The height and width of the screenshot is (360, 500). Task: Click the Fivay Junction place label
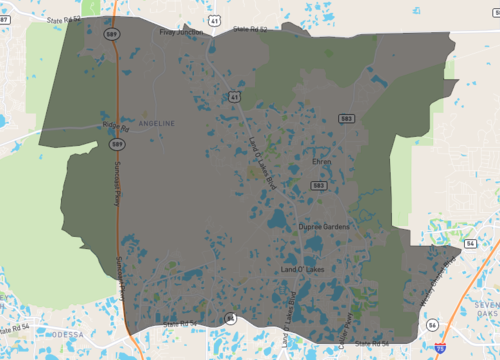(x=181, y=32)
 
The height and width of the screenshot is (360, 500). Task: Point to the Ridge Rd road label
(x=116, y=127)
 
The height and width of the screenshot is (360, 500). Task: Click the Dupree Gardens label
(x=324, y=227)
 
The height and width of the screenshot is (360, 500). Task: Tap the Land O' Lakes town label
(x=300, y=271)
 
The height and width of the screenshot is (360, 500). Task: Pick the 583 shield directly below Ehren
(x=318, y=186)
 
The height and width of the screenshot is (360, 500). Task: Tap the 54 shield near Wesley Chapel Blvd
(x=469, y=243)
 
